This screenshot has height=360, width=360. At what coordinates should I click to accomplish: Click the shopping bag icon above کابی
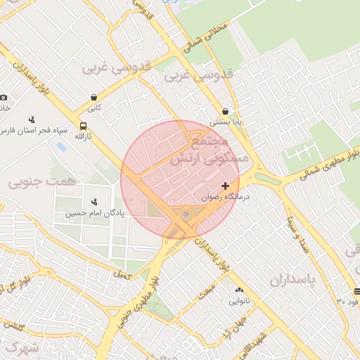tap(94, 98)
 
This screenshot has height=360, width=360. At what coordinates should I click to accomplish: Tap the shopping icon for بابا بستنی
tap(225, 111)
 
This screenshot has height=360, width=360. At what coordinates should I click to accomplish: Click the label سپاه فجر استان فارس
tap(34, 131)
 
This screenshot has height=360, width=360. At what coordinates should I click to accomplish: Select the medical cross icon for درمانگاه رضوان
tap(225, 186)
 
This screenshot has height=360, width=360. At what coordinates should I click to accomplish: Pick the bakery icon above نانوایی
tap(239, 290)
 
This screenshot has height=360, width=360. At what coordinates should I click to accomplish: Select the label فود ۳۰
tap(347, 302)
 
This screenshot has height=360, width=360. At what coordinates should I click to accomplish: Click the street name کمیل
tap(122, 272)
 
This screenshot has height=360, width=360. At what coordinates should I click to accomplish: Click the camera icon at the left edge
tap(4, 97)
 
